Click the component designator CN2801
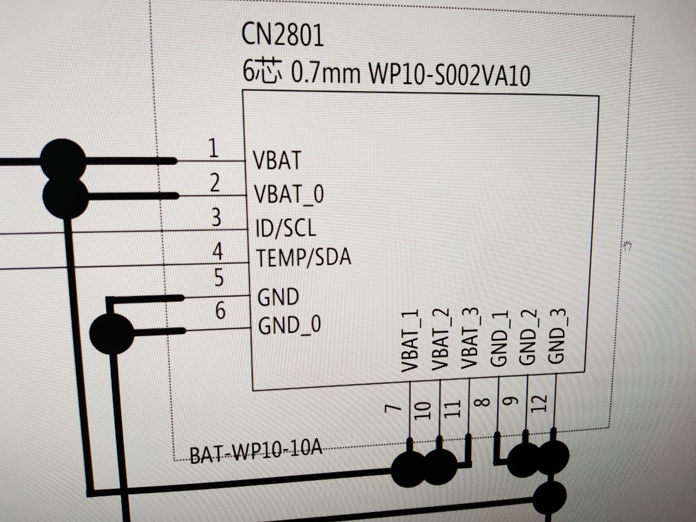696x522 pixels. click(283, 35)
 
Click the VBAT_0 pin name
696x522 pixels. click(289, 194)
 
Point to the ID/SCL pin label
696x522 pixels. click(285, 228)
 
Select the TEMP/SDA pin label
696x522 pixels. click(303, 257)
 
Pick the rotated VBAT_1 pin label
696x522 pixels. click(410, 341)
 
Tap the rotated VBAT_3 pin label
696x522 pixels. click(470, 339)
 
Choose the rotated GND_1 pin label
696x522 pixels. click(499, 338)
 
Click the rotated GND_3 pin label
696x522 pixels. click(557, 336)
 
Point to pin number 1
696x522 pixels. click(214, 148)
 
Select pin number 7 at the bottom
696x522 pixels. click(393, 408)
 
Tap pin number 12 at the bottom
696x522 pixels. click(539, 403)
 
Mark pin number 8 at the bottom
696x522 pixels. click(483, 402)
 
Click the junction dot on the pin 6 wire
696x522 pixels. click(111, 334)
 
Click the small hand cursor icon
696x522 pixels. click(626, 246)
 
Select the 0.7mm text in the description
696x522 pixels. click(326, 74)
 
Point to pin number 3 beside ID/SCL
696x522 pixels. click(216, 217)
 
